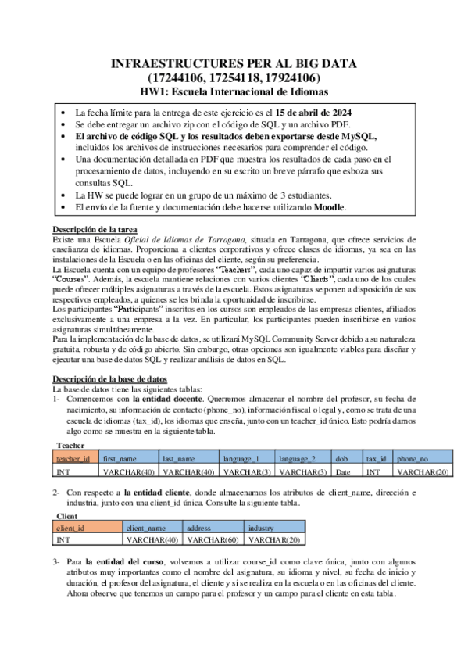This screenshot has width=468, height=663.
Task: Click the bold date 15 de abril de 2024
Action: coord(306,112)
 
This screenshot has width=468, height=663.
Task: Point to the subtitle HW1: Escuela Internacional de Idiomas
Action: coord(234,91)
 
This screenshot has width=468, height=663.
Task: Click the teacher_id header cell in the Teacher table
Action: coord(73,458)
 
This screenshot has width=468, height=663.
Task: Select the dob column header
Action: coord(341,458)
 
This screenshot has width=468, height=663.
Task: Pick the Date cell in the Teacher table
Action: coord(341,471)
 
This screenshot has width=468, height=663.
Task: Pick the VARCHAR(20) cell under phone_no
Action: coord(422,471)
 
